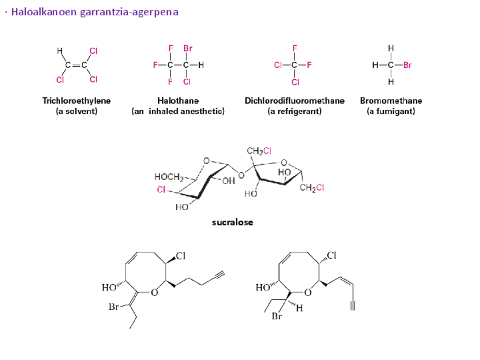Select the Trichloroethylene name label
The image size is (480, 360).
[x=76, y=101]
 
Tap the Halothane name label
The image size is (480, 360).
[x=178, y=101]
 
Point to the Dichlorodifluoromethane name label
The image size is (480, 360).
[x=294, y=101]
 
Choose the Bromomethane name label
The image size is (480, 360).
[x=391, y=101]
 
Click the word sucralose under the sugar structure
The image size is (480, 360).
[x=232, y=222]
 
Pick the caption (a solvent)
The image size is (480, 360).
[x=76, y=112]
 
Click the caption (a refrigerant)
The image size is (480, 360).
[x=294, y=112]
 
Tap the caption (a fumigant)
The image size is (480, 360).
[x=391, y=112]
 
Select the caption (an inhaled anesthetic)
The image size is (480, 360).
[x=178, y=112]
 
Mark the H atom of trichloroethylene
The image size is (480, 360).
[x=59, y=51]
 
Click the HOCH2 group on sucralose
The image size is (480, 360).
[x=168, y=177]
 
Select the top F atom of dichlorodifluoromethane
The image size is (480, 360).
[x=295, y=49]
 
